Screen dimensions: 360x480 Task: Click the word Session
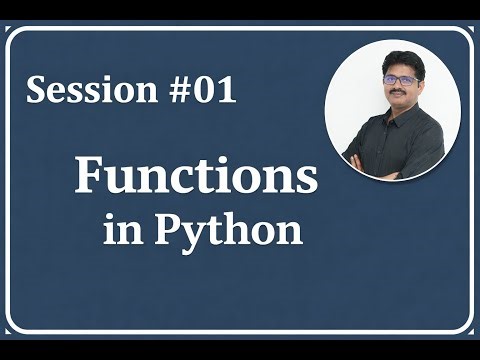(x=88, y=91)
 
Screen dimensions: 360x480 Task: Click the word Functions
(x=196, y=178)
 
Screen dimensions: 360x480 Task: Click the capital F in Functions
(x=89, y=177)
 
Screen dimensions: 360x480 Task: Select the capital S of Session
(x=37, y=91)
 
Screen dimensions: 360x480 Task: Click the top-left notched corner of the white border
(x=11, y=32)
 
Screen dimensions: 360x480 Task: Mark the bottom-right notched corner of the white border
(x=469, y=328)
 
